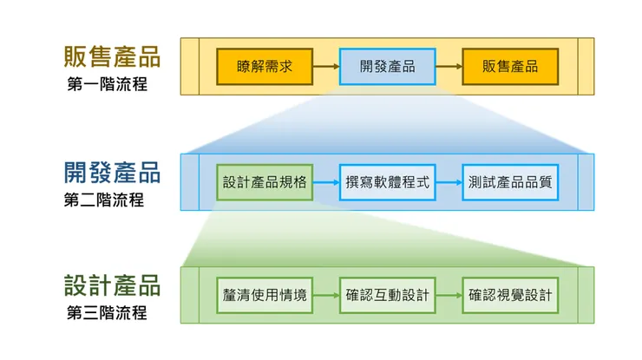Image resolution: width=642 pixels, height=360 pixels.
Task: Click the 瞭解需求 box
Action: (265, 66)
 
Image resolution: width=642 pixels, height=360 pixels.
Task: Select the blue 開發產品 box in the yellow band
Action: (386, 66)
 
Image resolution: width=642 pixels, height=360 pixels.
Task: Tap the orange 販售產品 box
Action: (510, 66)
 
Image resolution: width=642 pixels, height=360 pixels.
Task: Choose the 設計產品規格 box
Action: (265, 182)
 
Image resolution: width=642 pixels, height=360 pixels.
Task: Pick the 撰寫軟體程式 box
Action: (386, 182)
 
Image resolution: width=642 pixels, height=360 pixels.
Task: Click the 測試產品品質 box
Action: (510, 182)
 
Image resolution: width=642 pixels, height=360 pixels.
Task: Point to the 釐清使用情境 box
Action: (265, 295)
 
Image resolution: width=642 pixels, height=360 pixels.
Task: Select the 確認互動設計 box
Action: (386, 295)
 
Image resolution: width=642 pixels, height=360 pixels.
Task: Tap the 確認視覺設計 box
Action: (510, 295)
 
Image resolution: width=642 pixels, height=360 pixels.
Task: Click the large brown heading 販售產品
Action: (112, 56)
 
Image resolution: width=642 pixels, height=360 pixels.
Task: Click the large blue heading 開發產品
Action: (112, 172)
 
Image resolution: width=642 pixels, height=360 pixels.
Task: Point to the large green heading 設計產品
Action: (112, 285)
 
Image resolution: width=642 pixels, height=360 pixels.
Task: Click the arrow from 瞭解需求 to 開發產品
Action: (325, 66)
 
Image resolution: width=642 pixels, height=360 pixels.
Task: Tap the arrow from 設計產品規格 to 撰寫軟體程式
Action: (325, 182)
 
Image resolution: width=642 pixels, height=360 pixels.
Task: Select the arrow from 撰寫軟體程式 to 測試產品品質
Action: (448, 182)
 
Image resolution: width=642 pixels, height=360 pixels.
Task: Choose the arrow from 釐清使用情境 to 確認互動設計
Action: (325, 295)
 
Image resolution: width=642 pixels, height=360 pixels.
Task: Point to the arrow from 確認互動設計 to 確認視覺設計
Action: (448, 295)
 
